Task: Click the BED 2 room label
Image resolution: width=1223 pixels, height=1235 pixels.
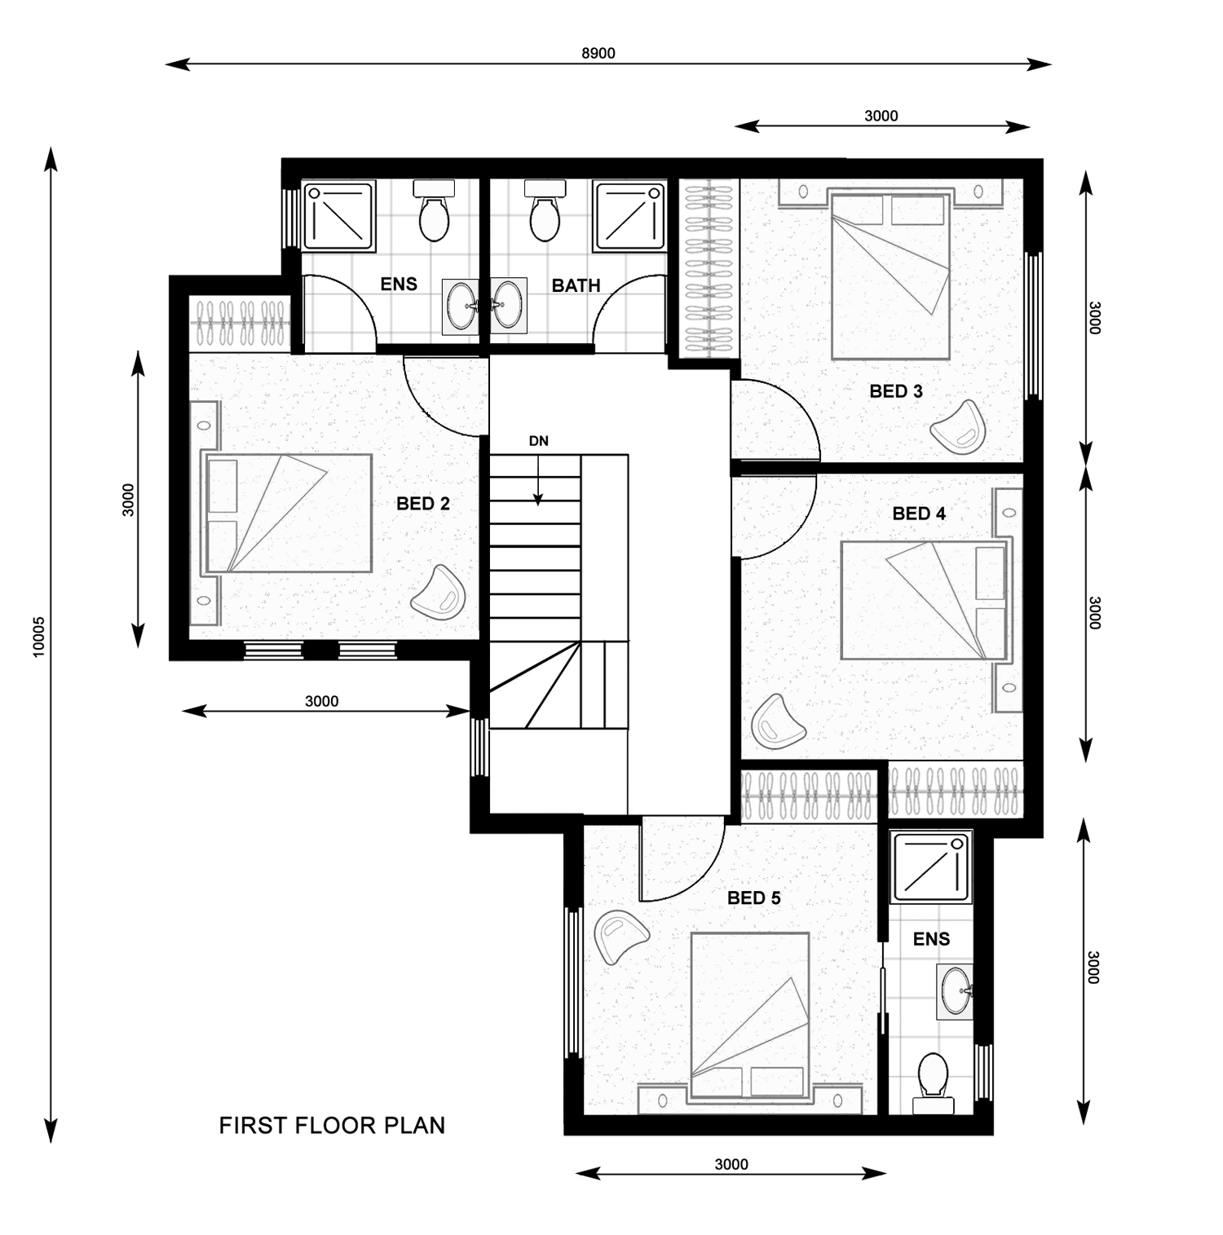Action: point(422,504)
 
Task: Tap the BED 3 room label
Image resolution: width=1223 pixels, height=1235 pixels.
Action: point(895,391)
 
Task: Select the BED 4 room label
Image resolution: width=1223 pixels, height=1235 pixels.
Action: point(918,514)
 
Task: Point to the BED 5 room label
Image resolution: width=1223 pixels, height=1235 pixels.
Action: point(753,898)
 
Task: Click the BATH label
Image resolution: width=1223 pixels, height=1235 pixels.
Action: point(576,286)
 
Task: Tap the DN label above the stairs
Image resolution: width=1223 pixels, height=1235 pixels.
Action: point(538,441)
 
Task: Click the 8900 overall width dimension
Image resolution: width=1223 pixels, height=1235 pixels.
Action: point(598,54)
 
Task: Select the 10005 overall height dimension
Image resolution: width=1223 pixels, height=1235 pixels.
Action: point(38,636)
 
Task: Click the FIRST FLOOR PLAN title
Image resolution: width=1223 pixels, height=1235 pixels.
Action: point(332,1126)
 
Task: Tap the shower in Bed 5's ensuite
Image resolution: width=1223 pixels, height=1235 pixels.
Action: point(930,867)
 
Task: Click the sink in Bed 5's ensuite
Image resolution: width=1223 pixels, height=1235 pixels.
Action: point(954,991)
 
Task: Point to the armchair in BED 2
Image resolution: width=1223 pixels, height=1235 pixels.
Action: point(439,592)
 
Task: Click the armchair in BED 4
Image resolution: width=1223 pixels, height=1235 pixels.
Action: point(777,721)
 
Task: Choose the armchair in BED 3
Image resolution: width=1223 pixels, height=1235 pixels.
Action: point(959,426)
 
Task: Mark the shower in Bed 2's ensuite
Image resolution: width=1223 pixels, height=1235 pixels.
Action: point(339,216)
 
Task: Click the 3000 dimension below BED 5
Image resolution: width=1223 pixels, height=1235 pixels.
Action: point(731,1164)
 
